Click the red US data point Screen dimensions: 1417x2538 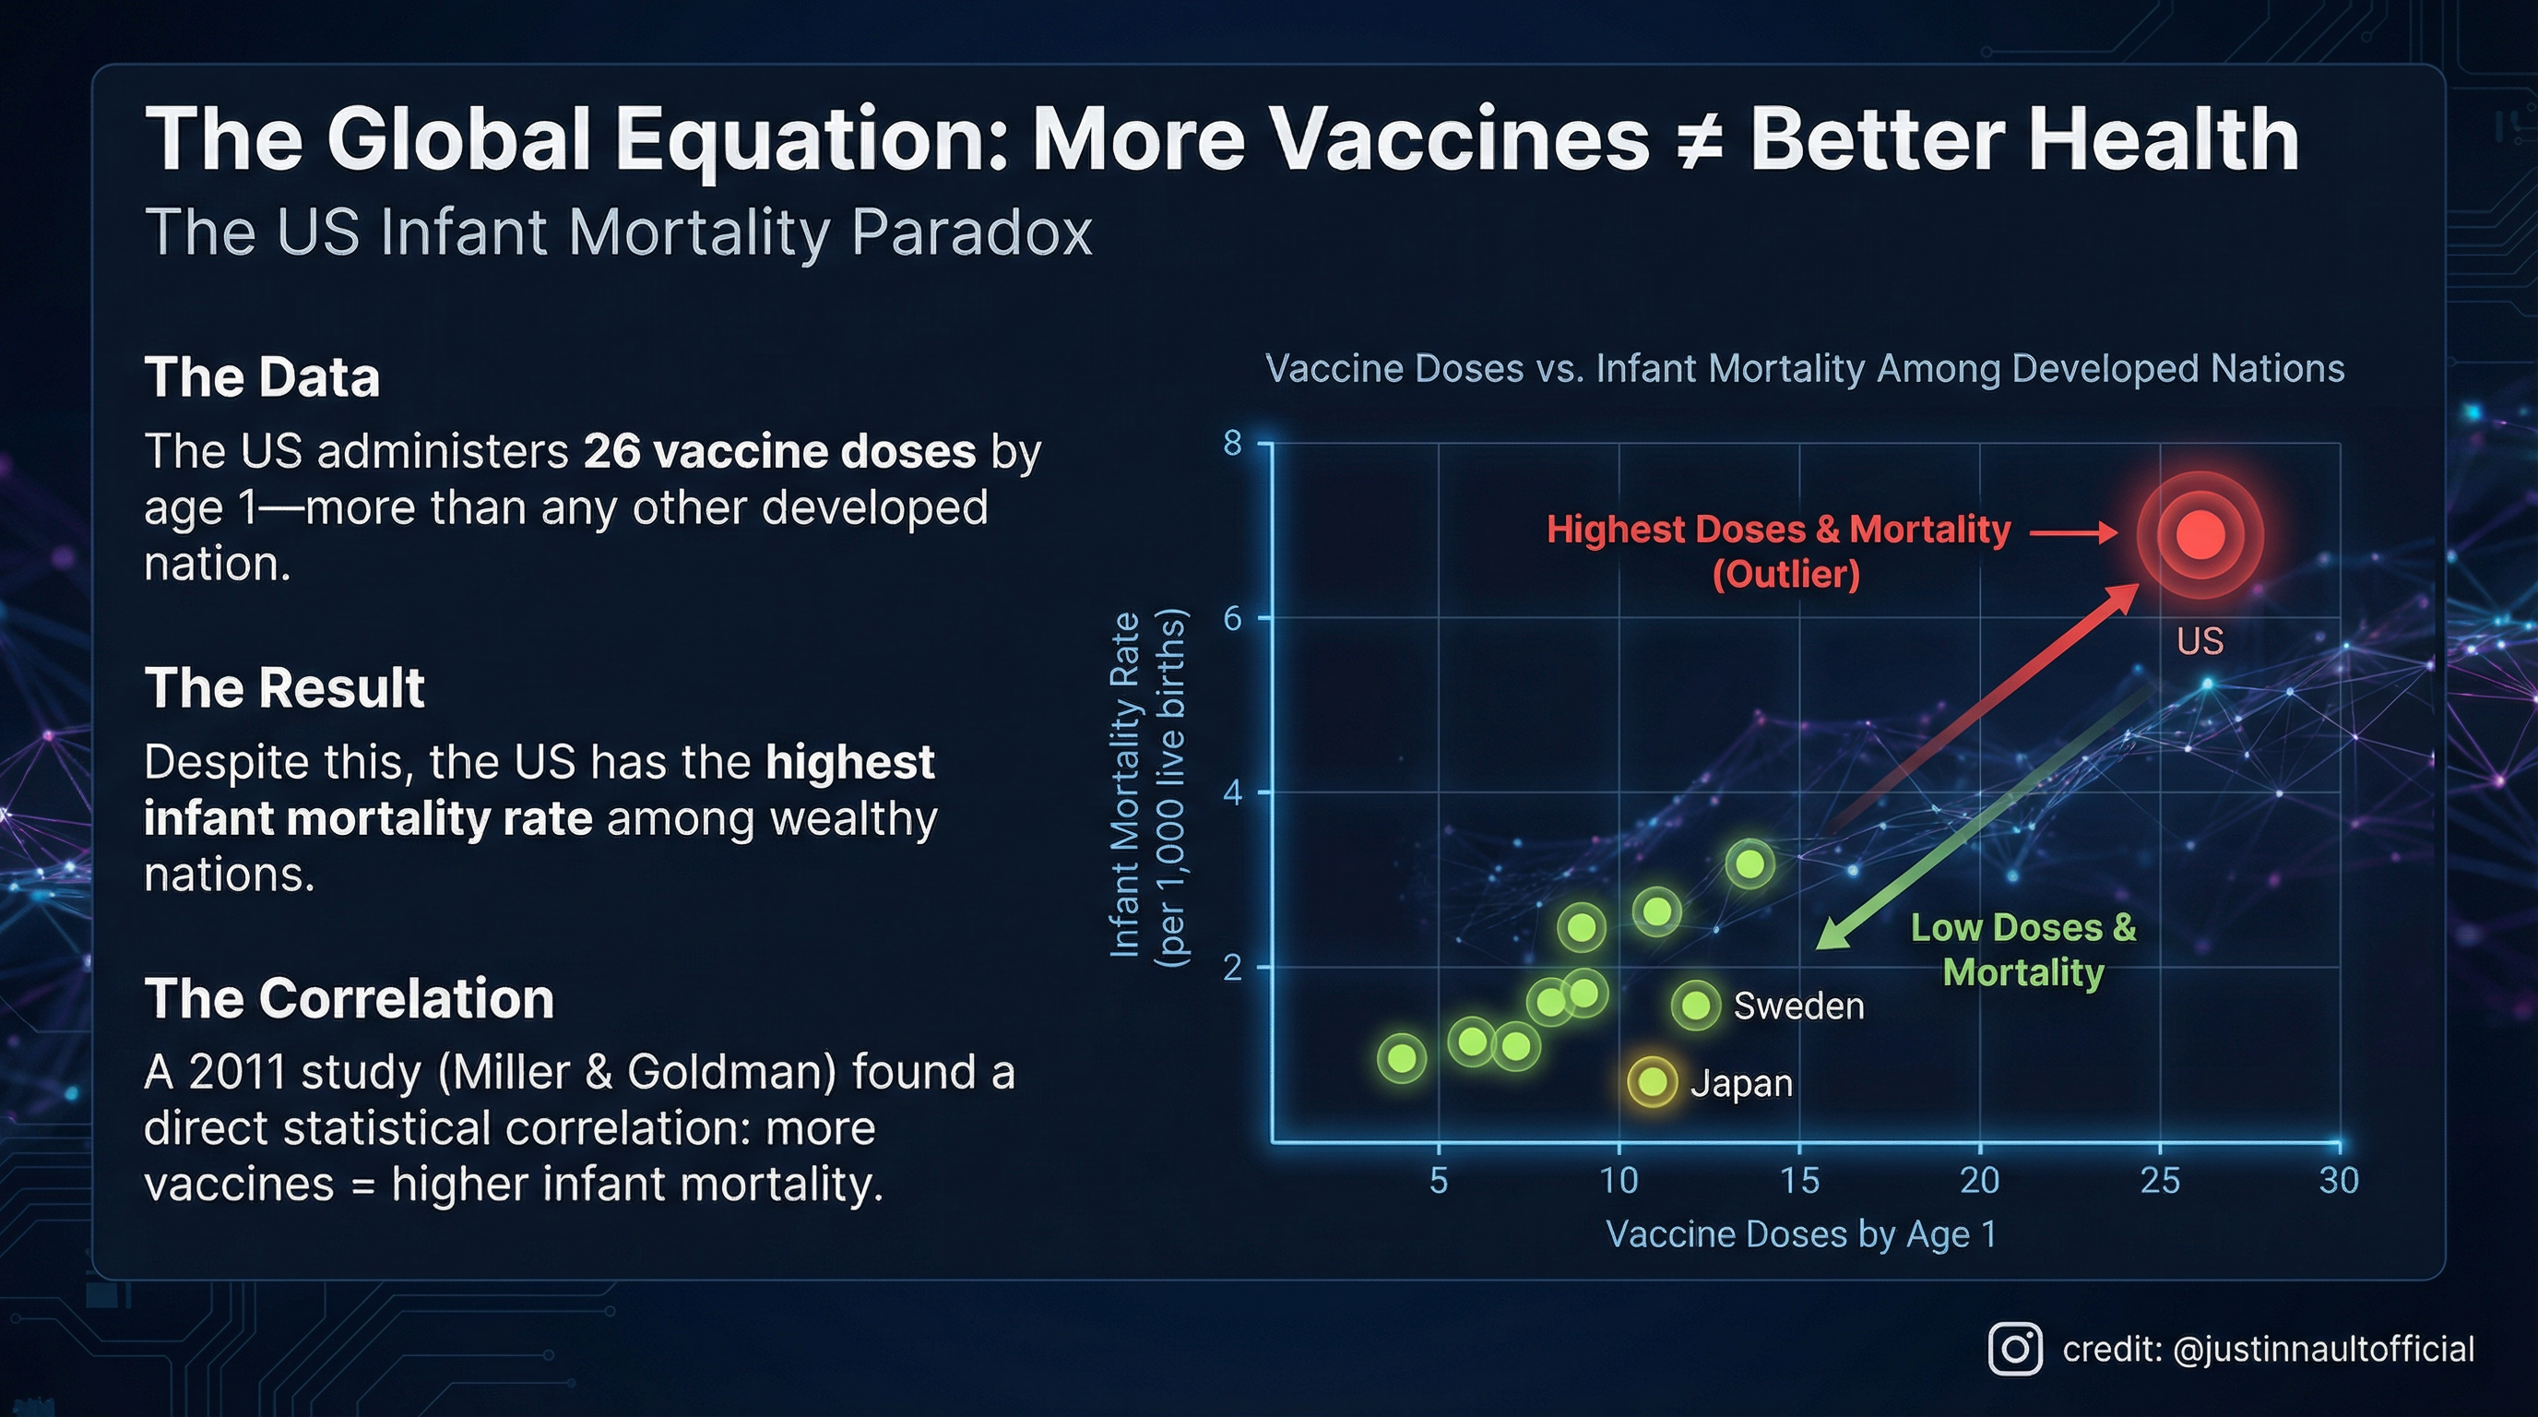pyautogui.click(x=2200, y=535)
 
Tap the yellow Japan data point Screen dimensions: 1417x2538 pyautogui.click(x=1653, y=1082)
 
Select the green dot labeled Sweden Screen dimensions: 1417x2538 pyautogui.click(x=1696, y=1006)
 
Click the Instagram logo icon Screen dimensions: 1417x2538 pyautogui.click(x=2015, y=1348)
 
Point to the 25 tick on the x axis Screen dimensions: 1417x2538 pyautogui.click(x=2160, y=1180)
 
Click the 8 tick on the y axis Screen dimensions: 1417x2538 pyautogui.click(x=1232, y=444)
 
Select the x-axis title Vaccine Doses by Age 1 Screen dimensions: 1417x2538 pyautogui.click(x=1801, y=1233)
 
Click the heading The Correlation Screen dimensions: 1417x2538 pyautogui.click(x=349, y=998)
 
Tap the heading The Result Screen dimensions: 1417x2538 pyautogui.click(x=284, y=687)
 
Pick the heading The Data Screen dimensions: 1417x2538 pyautogui.click(x=262, y=377)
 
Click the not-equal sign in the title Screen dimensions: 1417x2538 pyautogui.click(x=1699, y=140)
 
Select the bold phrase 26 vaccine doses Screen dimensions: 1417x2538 pyautogui.click(x=779, y=451)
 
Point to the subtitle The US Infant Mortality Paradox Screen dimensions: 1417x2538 pyautogui.click(x=618, y=232)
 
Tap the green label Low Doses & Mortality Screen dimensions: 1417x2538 pyautogui.click(x=2022, y=949)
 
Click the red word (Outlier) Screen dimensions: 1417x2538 pyautogui.click(x=1785, y=574)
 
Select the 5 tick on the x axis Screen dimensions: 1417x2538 pyautogui.click(x=1439, y=1180)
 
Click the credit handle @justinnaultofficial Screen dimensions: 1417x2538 pyautogui.click(x=2322, y=1348)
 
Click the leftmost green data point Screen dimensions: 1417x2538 pyautogui.click(x=1401, y=1058)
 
